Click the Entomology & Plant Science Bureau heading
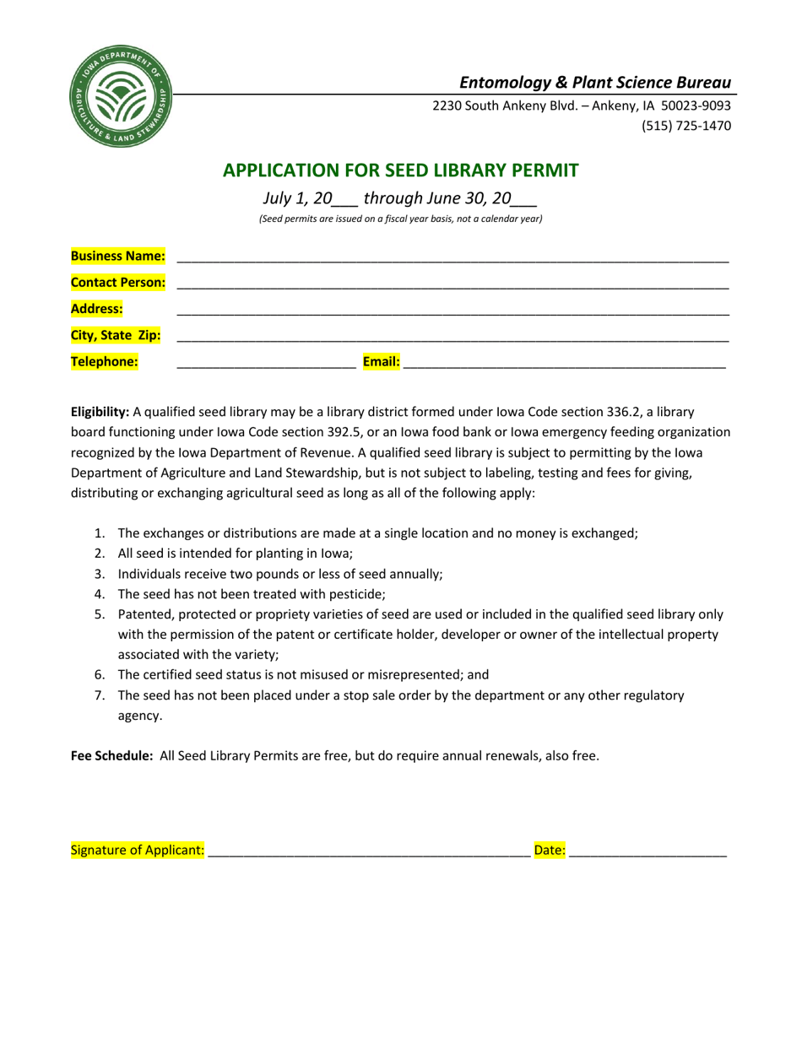tap(594, 82)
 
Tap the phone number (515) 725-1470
tap(689, 126)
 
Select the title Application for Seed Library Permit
tap(400, 170)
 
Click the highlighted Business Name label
tap(118, 256)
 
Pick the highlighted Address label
tap(97, 309)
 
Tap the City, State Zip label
tap(116, 335)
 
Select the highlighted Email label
tap(381, 362)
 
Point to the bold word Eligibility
tap(100, 412)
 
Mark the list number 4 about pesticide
tap(100, 594)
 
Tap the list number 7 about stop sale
tap(100, 695)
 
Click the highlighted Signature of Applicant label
tap(138, 850)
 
